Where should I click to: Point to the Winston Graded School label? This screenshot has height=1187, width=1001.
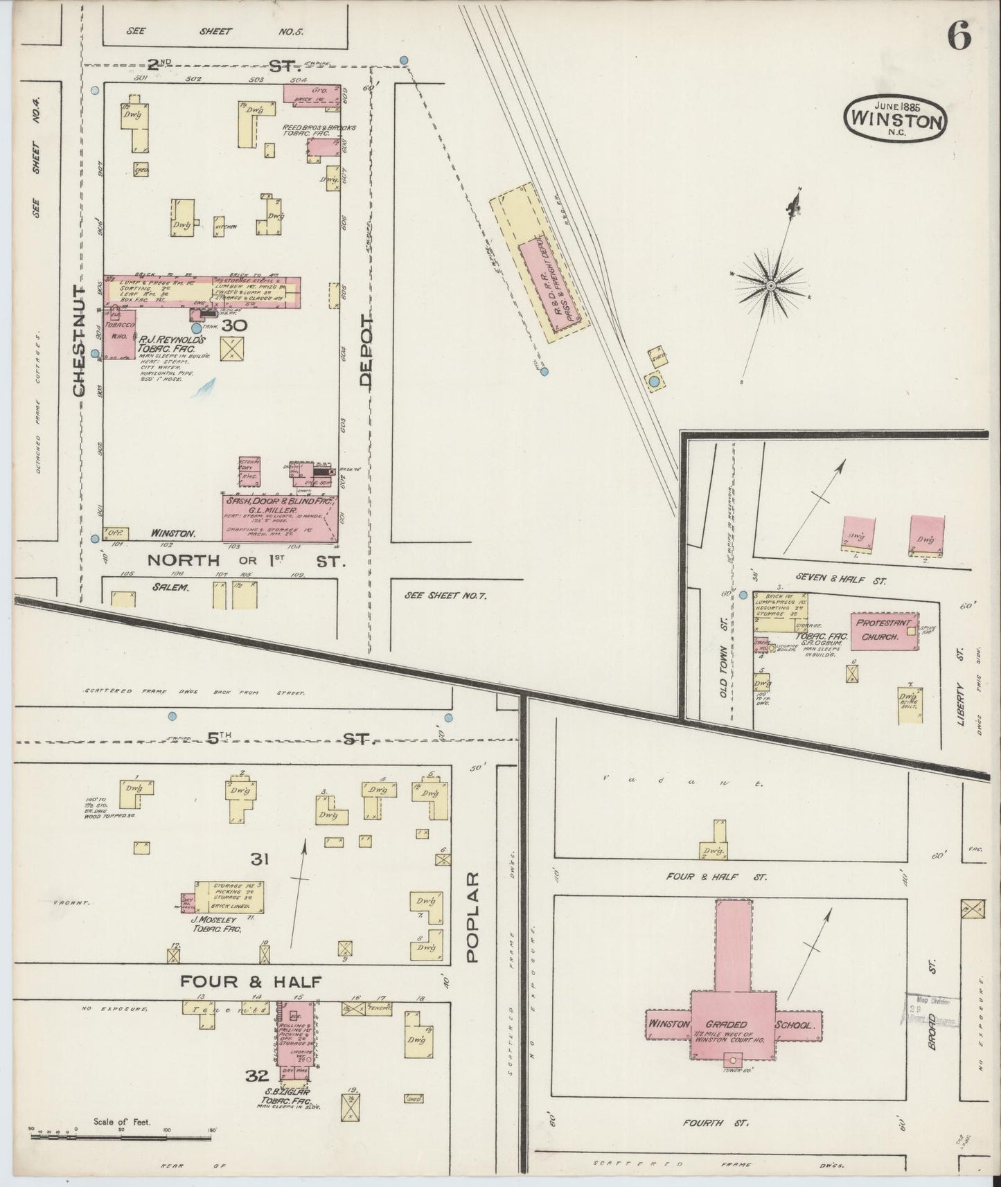tap(734, 1024)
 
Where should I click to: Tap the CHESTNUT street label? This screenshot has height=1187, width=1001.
tap(78, 340)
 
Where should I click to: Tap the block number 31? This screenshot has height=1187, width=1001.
tap(260, 859)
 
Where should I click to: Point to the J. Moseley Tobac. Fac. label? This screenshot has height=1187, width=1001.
tap(216, 925)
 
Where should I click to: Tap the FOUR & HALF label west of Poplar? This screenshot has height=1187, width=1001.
tap(251, 981)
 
